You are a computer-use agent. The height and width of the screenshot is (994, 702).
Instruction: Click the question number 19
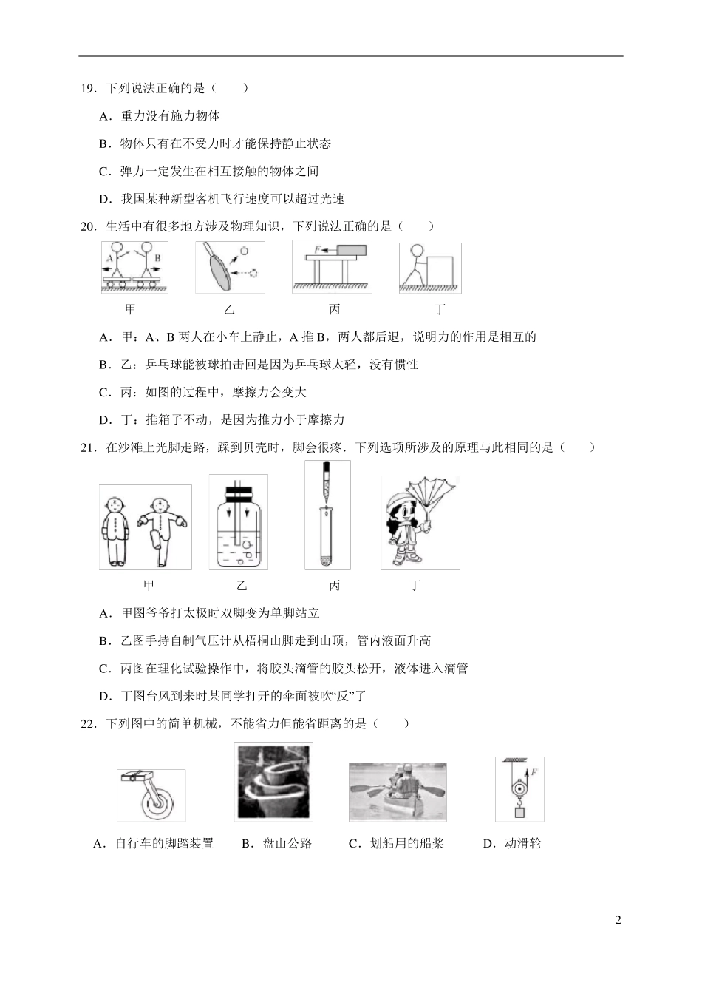(88, 89)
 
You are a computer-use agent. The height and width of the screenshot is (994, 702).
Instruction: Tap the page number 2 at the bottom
(618, 921)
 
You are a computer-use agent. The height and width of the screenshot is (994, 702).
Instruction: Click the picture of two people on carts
(134, 266)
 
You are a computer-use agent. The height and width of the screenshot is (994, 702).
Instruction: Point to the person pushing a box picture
(430, 267)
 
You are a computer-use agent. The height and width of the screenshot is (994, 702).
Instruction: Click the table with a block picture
(332, 266)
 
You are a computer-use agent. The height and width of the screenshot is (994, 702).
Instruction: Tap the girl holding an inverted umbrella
(420, 522)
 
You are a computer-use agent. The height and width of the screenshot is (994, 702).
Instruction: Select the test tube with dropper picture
(327, 515)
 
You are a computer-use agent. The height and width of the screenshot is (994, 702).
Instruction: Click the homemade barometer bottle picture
(238, 521)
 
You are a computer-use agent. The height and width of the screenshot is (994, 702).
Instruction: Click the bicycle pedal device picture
(151, 794)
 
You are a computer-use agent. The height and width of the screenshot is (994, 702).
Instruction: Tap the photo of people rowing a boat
(398, 791)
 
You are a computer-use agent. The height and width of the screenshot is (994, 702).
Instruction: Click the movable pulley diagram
(519, 788)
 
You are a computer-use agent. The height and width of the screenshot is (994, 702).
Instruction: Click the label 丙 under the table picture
(334, 309)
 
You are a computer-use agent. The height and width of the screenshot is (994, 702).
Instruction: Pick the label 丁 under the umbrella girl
(415, 586)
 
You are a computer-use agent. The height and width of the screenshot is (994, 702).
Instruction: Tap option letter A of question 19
(104, 116)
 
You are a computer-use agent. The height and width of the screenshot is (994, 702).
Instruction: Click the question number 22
(88, 724)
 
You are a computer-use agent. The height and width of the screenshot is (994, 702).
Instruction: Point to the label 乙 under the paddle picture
(229, 309)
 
